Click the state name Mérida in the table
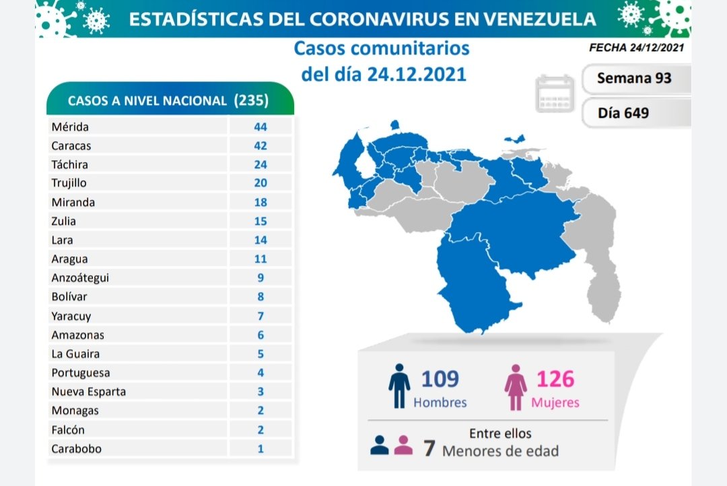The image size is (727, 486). coord(70,127)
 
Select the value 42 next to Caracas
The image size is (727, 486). coord(261,145)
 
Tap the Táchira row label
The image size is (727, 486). coord(69,164)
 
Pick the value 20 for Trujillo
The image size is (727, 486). coord(261,183)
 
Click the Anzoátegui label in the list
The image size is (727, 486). coord(79,277)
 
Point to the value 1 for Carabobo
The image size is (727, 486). coord(261,448)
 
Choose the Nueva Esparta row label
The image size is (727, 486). coord(88,391)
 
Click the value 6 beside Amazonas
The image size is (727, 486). coord(261,335)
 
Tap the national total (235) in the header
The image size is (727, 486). coord(251,101)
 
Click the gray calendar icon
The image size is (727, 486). coord(555,94)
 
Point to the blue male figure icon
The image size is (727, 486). coord(399,387)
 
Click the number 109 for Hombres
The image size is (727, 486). coord(440,379)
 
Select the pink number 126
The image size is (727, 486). coord(555,379)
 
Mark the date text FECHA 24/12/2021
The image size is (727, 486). coord(636,48)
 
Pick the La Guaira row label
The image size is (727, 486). coord(76,353)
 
